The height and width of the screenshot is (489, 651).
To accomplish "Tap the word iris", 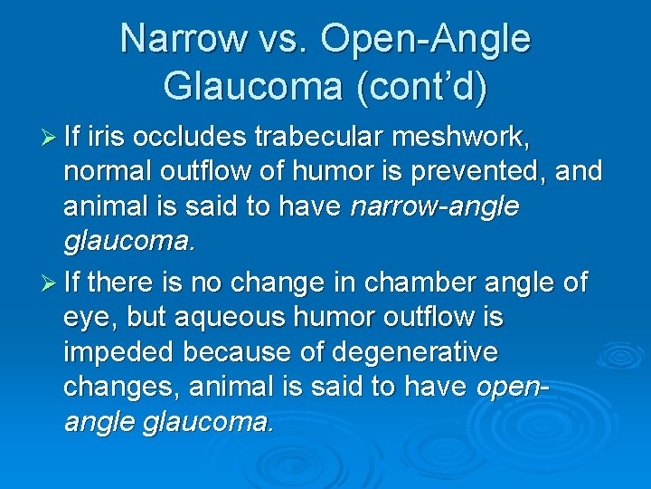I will point(111,139).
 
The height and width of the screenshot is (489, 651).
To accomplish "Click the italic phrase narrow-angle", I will point(435,207).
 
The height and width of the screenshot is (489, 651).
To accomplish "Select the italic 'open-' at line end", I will point(513,388).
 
